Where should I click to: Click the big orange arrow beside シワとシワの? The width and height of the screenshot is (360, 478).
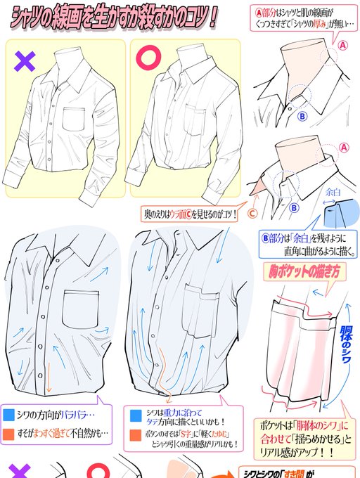[x=219, y=470]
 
